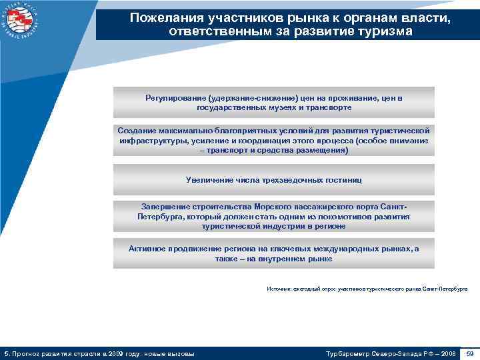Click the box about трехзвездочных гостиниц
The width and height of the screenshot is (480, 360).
[273, 179]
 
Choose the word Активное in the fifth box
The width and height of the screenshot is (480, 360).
[147, 248]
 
